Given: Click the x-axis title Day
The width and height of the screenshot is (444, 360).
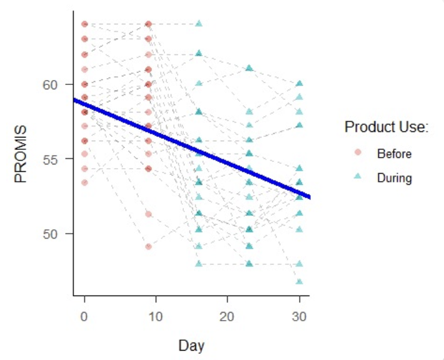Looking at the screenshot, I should (191, 345).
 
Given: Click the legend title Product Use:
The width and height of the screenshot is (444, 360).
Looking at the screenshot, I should (386, 128).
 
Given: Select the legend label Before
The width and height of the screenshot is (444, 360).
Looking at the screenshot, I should (394, 154).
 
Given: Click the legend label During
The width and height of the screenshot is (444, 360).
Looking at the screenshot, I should (394, 178).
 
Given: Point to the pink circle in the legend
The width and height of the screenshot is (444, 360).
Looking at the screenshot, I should (358, 153).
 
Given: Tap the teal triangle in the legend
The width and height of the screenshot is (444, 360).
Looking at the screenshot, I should (358, 177).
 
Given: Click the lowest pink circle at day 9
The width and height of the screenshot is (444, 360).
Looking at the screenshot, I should (148, 246).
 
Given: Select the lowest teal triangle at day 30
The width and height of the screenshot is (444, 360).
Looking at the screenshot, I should (300, 281).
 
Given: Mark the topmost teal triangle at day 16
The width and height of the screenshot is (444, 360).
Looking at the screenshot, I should (199, 24).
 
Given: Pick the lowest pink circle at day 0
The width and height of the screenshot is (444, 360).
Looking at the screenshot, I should (84, 182).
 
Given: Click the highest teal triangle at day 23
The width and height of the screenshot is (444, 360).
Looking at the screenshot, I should (249, 67).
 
